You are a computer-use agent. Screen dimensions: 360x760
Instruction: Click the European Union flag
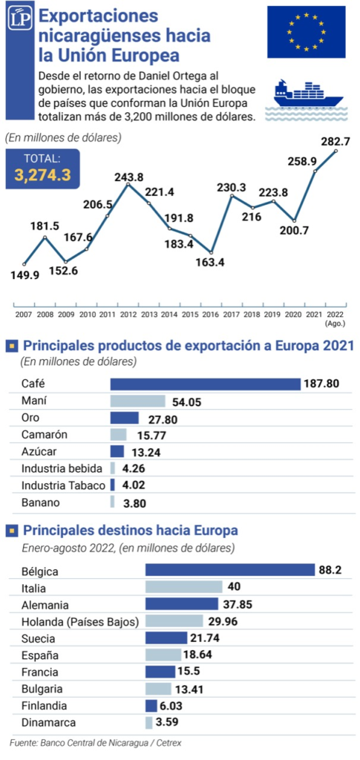tap(307, 32)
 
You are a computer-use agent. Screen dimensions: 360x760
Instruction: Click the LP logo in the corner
tap(20, 19)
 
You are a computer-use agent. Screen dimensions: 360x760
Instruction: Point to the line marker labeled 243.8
tap(128, 184)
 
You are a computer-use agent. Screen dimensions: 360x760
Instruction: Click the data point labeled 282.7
tap(336, 151)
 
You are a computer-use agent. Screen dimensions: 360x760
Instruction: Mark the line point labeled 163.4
tap(212, 252)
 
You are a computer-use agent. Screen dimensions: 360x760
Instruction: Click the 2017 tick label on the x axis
tap(232, 315)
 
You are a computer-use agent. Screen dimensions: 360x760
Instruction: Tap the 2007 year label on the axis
tap(23, 315)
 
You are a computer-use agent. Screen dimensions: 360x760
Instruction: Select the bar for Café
tap(206, 384)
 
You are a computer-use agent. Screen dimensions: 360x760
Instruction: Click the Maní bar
tap(138, 401)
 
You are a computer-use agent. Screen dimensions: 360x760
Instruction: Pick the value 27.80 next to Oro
tap(157, 419)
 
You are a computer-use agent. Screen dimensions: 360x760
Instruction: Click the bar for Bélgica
tap(230, 569)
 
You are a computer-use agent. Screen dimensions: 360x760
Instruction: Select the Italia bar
tap(183, 587)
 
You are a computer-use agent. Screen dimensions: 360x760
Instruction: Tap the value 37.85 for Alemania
tap(238, 604)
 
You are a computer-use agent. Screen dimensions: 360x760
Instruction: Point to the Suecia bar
tap(166, 638)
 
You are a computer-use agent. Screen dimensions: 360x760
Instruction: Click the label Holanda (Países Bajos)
tap(80, 621)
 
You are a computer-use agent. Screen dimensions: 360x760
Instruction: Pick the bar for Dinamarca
tap(148, 723)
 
